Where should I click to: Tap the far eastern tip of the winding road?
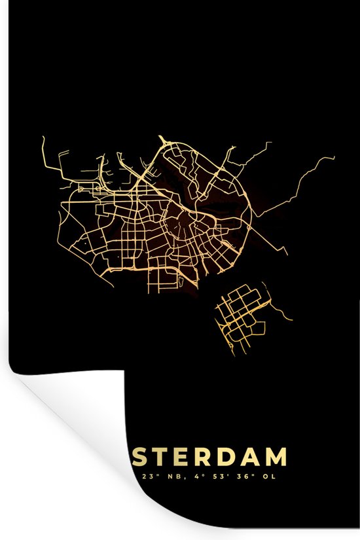(x=334, y=156)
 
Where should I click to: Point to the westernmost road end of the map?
(x=42, y=137)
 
